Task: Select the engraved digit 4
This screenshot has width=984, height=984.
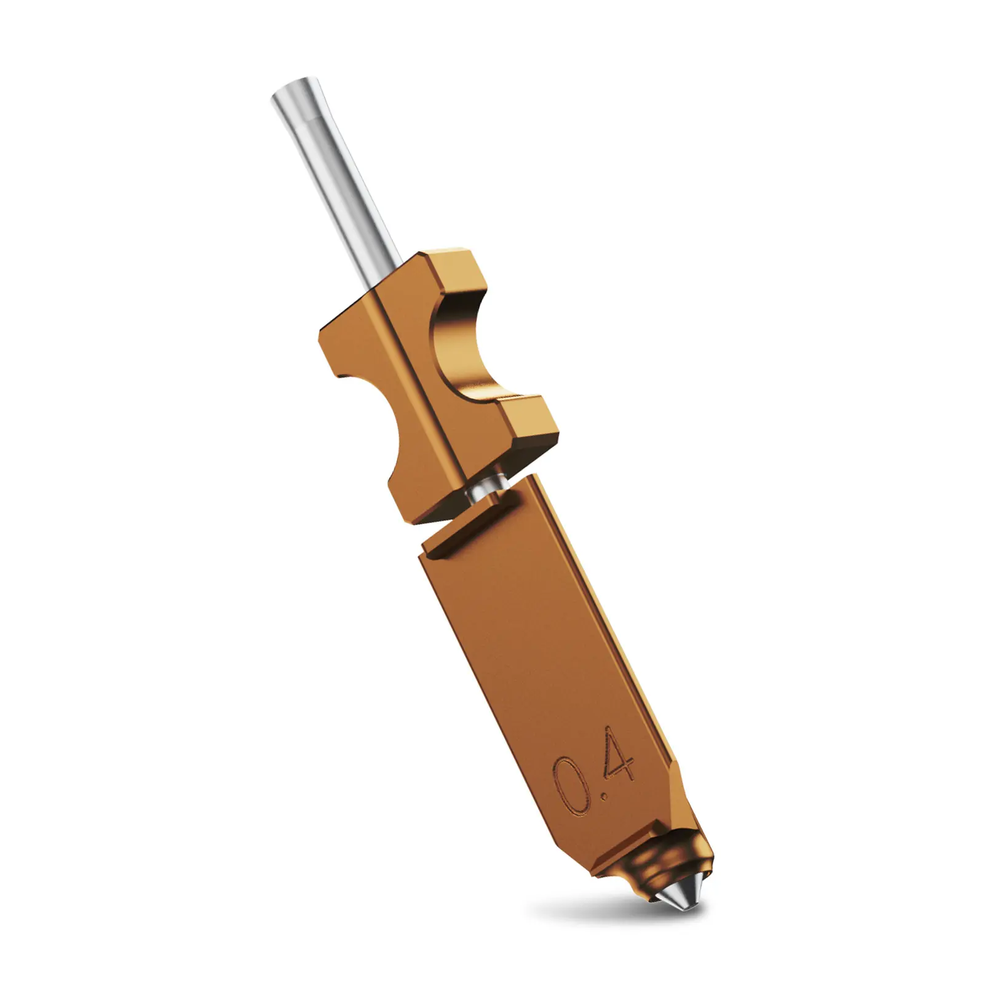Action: point(617,760)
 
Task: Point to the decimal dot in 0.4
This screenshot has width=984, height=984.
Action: point(606,798)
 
